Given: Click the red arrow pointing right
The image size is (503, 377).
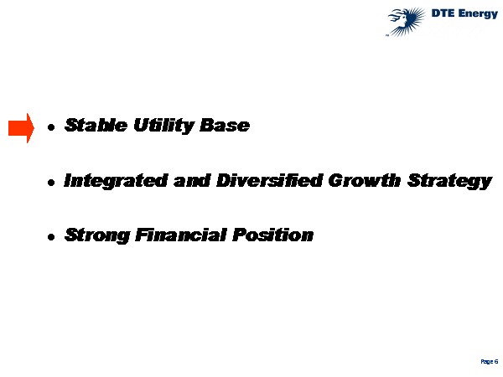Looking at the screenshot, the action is point(21,128).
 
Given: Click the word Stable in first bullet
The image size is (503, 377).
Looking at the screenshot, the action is point(96,125).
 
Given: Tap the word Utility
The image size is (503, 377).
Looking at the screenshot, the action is point(163,126).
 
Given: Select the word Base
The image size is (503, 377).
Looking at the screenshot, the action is point(225,125).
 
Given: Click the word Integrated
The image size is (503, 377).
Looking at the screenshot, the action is point(116,181).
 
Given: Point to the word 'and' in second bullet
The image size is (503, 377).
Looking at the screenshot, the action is point(192,180).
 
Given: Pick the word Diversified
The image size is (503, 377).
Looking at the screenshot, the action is point(269,180).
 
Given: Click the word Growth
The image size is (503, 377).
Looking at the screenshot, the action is point(365,180).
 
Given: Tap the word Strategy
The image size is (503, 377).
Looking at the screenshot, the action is point(449,181).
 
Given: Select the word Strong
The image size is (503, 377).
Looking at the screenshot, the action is point(97,235).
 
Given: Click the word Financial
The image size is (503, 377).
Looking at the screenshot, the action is point(181,235).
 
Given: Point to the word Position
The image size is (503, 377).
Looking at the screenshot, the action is point(273,235).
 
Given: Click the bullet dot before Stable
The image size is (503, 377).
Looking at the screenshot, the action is point(51,127).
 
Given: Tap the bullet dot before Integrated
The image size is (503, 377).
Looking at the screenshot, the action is point(51,183).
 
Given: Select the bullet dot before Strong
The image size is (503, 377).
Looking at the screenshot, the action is point(51,237).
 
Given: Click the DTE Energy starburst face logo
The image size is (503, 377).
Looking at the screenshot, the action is point(406,22).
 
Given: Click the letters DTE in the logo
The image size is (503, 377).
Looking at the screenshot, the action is point(442,13).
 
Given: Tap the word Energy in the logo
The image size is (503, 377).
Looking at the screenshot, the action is point(478,14).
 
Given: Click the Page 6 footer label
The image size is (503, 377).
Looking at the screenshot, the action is point(490,362).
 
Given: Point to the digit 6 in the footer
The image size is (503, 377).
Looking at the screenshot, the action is point(496,361).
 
